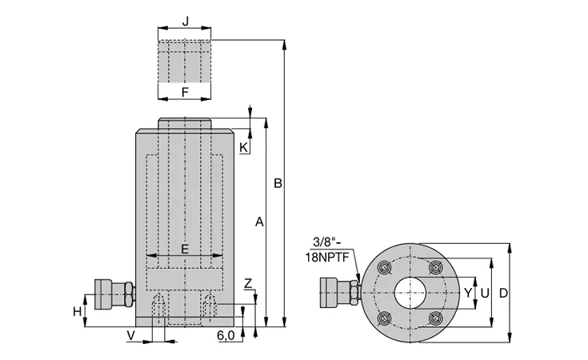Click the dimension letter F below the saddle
[185, 92]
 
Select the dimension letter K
[244, 147]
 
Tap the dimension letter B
[277, 184]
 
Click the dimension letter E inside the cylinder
[185, 249]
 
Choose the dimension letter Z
[248, 283]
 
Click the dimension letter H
[77, 310]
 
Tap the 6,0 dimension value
[225, 336]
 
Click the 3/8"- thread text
[324, 241]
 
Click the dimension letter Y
[468, 293]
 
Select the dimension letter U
[484, 293]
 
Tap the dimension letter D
[502, 293]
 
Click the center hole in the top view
[410, 293]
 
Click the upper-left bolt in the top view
[385, 267]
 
